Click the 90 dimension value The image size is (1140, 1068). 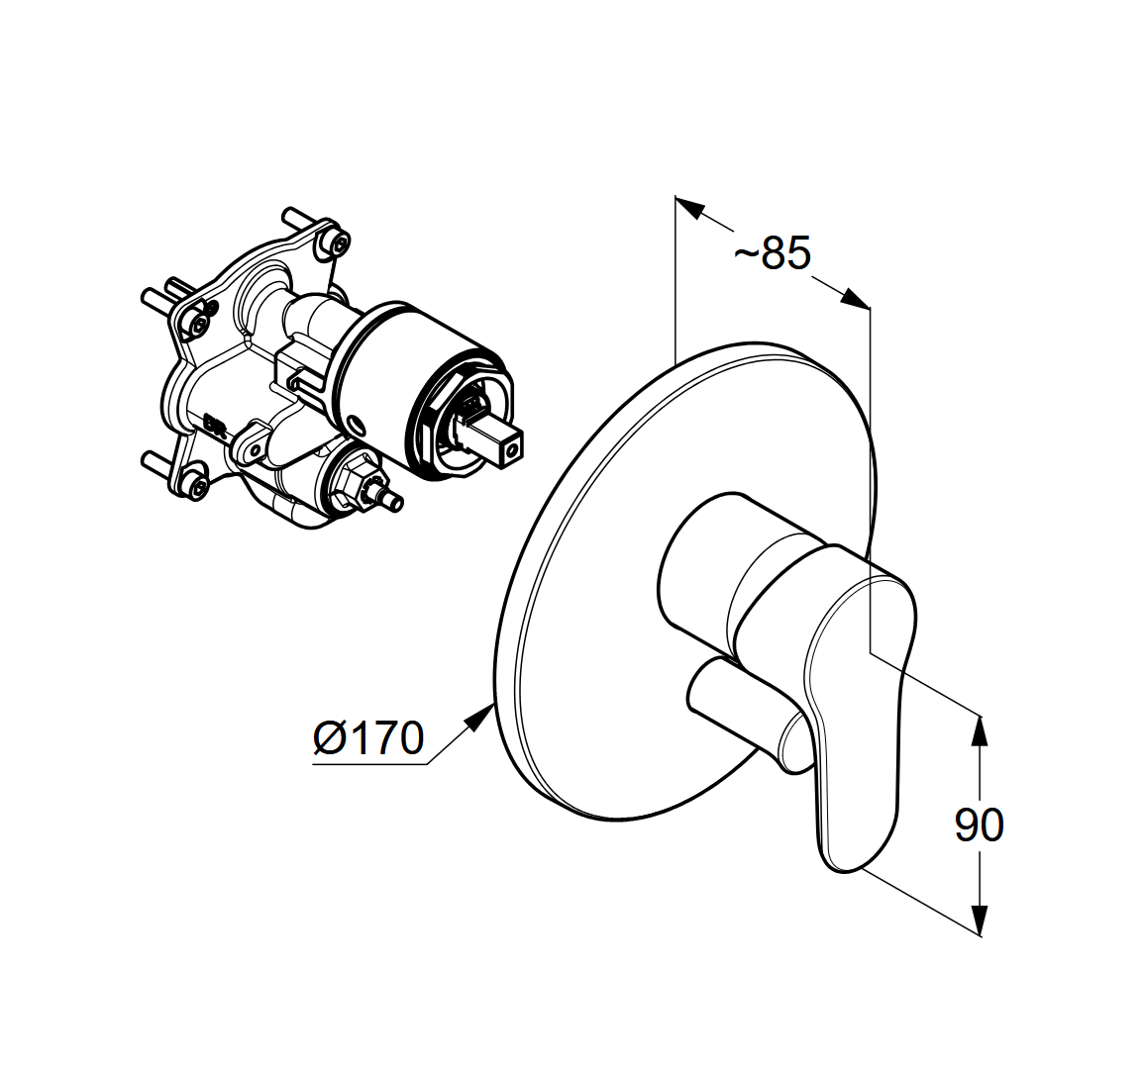pyautogui.click(x=979, y=825)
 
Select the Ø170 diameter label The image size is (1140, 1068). pyautogui.click(x=367, y=738)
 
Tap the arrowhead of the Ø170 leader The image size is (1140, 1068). pyautogui.click(x=480, y=716)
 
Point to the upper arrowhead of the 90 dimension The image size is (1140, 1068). pyautogui.click(x=981, y=731)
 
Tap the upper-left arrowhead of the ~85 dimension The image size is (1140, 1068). pyautogui.click(x=690, y=206)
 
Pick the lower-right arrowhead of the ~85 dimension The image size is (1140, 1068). pyautogui.click(x=855, y=299)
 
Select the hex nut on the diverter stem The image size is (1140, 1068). pyautogui.click(x=354, y=482)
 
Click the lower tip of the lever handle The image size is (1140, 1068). pyautogui.click(x=844, y=867)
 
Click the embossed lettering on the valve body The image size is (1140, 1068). pyautogui.click(x=215, y=422)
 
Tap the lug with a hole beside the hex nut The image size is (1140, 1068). pyautogui.click(x=252, y=447)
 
